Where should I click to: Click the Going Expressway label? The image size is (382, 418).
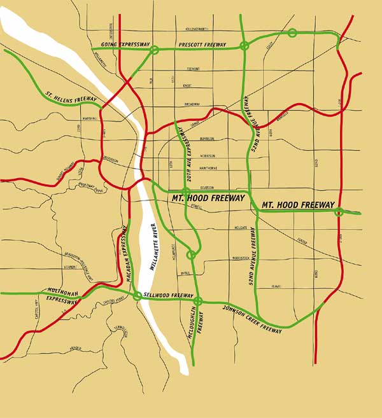point(121,45)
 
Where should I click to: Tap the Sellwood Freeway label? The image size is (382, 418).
point(169,296)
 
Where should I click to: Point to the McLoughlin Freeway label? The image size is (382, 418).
point(198,324)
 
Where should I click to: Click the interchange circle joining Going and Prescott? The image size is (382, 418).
point(153,50)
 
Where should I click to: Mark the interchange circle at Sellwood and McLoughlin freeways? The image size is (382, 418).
point(198,301)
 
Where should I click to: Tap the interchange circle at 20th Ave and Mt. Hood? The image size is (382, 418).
point(186,191)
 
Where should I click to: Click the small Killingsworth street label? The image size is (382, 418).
point(196,29)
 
